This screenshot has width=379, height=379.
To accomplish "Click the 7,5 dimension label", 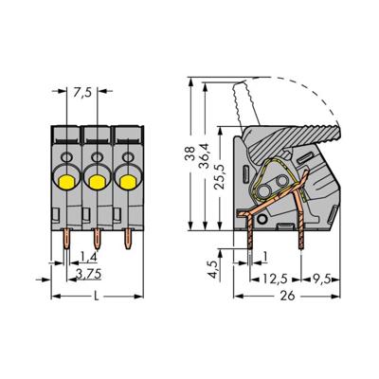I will (x=83, y=93).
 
